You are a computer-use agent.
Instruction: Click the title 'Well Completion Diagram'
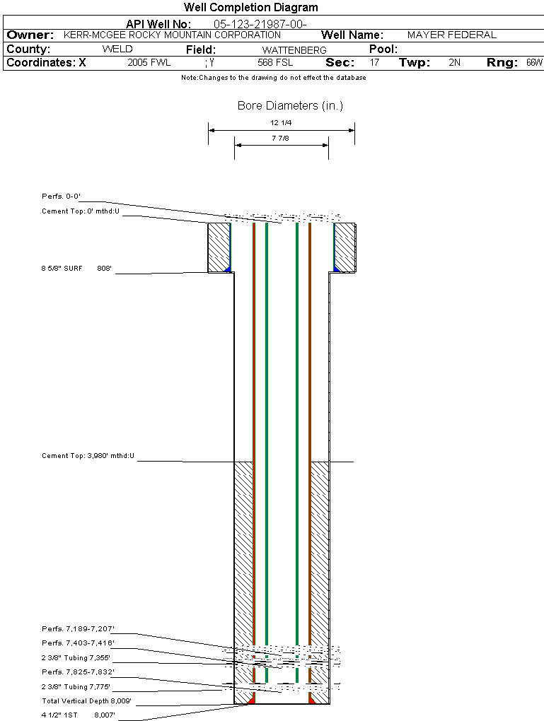[x=250, y=8]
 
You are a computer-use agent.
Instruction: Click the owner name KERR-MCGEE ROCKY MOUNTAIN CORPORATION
[x=172, y=35]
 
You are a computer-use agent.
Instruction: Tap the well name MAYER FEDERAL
[x=452, y=35]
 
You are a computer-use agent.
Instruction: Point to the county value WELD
[x=117, y=49]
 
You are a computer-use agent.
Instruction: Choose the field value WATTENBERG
[x=294, y=50]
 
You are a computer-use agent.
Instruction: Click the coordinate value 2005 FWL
[x=149, y=62]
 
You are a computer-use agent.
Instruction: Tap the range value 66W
[x=533, y=62]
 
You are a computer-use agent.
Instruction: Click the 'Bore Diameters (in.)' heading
[x=290, y=106]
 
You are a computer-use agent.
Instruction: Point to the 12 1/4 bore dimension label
[x=281, y=123]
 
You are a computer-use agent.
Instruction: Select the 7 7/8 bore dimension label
[x=281, y=139]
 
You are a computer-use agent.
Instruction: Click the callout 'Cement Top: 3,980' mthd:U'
[x=88, y=456]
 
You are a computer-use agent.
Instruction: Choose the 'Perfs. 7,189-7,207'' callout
[x=78, y=628]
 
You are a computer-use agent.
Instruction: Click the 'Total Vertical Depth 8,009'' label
[x=87, y=701]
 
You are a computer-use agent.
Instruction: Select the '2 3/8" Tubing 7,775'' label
[x=77, y=686]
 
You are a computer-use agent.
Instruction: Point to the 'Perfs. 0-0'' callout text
[x=62, y=196]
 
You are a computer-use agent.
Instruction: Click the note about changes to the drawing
[x=274, y=78]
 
